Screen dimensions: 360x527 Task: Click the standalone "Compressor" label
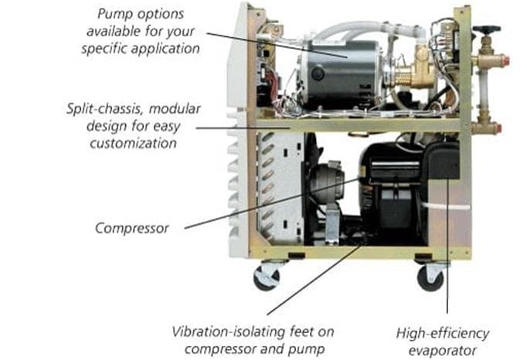click(131, 229)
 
